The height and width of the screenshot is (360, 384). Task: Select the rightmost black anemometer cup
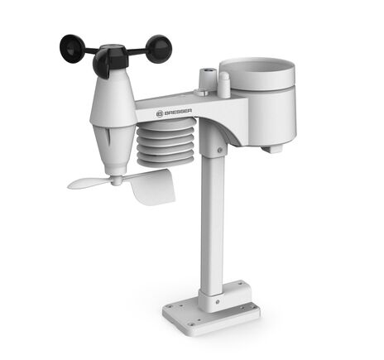click(x=159, y=47)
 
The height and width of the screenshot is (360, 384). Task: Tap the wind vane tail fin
click(x=152, y=187)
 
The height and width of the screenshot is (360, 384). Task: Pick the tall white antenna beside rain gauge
click(x=223, y=84)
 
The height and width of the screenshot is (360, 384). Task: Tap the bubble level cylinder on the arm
click(x=202, y=79)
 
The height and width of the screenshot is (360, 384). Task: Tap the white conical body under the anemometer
click(x=113, y=99)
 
